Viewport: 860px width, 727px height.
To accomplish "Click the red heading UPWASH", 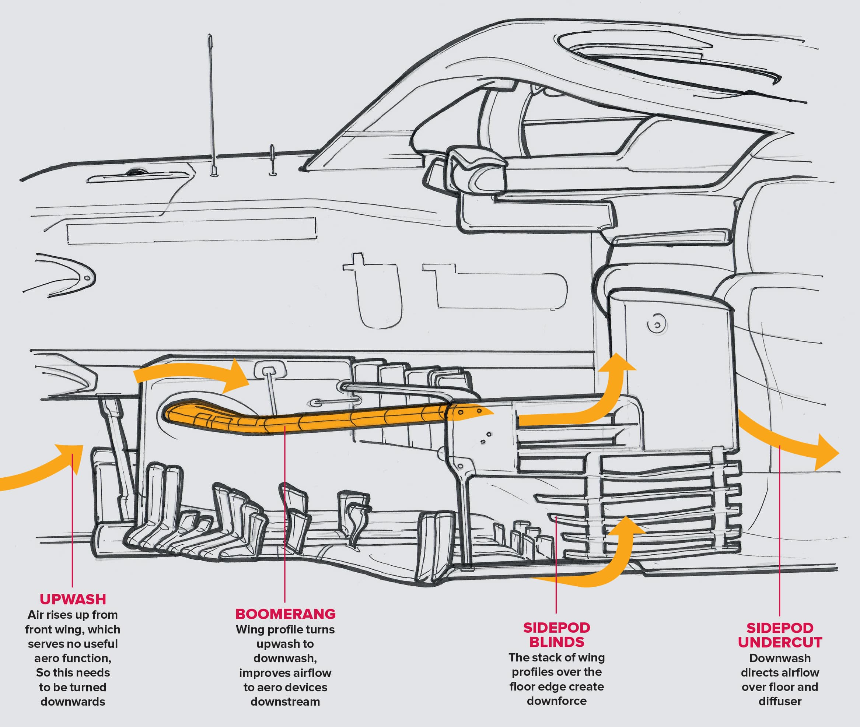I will click(x=73, y=599).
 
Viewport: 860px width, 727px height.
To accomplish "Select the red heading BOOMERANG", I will click(x=285, y=614).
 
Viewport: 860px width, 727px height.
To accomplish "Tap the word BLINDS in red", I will click(x=556, y=642).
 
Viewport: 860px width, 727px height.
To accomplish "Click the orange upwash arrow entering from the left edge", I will click(x=37, y=470).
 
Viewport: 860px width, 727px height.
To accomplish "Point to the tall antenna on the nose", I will click(x=211, y=103).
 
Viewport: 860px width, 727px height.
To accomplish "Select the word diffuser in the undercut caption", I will click(x=780, y=701).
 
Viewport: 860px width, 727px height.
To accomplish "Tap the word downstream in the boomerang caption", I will click(x=285, y=702).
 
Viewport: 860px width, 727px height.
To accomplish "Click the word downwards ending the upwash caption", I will click(x=73, y=702).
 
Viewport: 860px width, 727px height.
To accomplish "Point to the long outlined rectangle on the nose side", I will click(x=192, y=231).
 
